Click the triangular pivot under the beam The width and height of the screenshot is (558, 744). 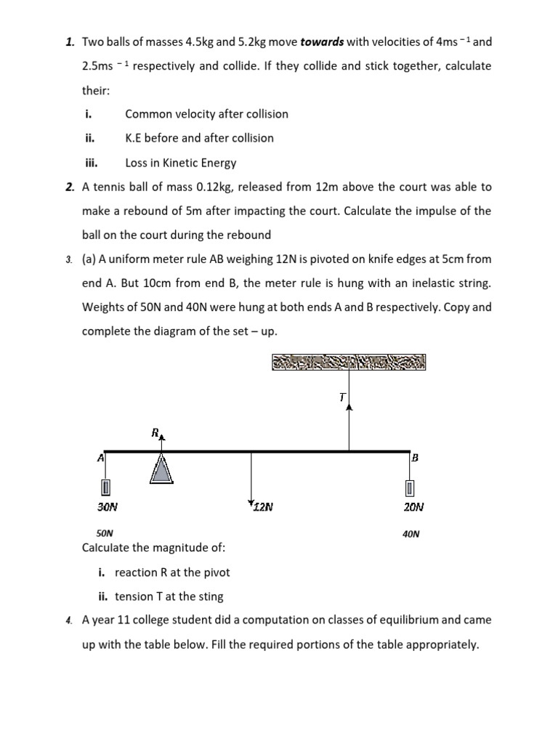click(x=161, y=469)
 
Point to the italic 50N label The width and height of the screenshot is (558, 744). click(x=105, y=533)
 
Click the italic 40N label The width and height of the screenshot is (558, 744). click(x=411, y=534)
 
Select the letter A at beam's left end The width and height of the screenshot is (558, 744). click(x=100, y=458)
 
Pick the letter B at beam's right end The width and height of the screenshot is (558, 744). click(x=415, y=458)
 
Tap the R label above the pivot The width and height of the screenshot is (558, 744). click(x=155, y=434)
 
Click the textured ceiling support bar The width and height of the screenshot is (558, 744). click(x=349, y=361)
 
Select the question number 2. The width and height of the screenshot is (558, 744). click(x=69, y=187)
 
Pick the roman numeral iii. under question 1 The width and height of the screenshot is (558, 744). click(x=92, y=163)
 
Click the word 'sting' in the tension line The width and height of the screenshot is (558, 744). click(x=210, y=597)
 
